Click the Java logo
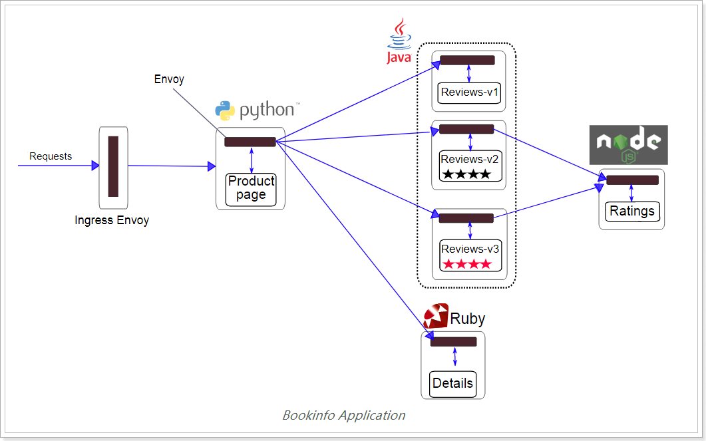pyautogui.click(x=399, y=41)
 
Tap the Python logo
pyautogui.click(x=225, y=110)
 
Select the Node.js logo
pyautogui.click(x=628, y=145)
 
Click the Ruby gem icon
pyautogui.click(x=436, y=316)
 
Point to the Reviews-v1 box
pyautogui.click(x=470, y=92)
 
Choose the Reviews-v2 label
pyautogui.click(x=470, y=159)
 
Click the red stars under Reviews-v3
pyautogui.click(x=467, y=264)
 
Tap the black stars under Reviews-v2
pyautogui.click(x=467, y=174)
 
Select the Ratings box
pyautogui.click(x=631, y=212)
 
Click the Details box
pyautogui.click(x=452, y=384)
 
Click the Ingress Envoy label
pyautogui.click(x=112, y=220)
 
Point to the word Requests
pyautogui.click(x=51, y=156)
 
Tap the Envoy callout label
pyautogui.click(x=169, y=79)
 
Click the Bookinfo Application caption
pyautogui.click(x=343, y=416)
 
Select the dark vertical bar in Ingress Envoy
pyautogui.click(x=113, y=166)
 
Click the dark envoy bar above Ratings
pyautogui.click(x=632, y=180)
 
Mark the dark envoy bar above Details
pyautogui.click(x=453, y=342)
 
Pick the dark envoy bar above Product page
pyautogui.click(x=250, y=142)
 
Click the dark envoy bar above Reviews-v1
pyautogui.click(x=467, y=60)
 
